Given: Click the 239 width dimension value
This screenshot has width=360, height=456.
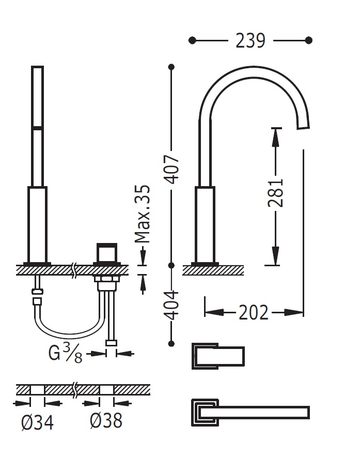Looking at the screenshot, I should click(251, 40).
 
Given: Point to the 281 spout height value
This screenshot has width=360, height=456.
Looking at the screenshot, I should click(275, 193).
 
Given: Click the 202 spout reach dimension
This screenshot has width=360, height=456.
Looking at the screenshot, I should click(254, 312).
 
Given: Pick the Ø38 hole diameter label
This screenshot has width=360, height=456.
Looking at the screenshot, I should click(105, 421).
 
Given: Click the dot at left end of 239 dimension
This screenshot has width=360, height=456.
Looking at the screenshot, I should click(193, 40).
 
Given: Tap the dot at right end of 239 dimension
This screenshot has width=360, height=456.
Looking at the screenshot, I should click(309, 40).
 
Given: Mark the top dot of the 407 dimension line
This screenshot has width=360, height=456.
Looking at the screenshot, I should click(172, 66).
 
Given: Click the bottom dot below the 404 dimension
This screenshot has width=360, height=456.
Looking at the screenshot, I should click(172, 342).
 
